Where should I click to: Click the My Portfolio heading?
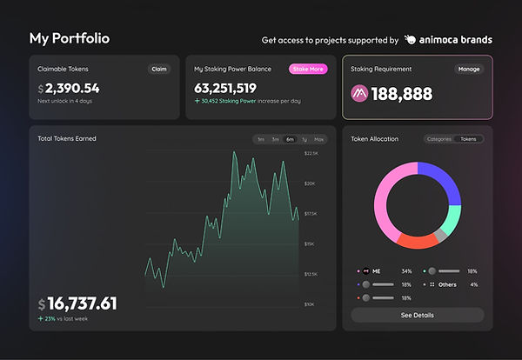click(70, 39)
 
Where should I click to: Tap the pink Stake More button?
click(308, 69)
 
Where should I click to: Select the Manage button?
click(468, 69)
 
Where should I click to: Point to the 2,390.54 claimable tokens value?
click(72, 89)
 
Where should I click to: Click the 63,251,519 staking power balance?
click(226, 88)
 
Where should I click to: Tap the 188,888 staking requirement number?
click(403, 93)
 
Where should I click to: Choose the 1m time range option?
click(261, 139)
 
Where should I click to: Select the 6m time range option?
click(290, 139)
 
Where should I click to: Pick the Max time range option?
click(318, 139)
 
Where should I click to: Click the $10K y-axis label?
click(311, 305)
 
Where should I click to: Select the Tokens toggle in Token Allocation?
click(471, 139)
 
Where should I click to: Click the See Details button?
click(417, 315)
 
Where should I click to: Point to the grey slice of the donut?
click(441, 234)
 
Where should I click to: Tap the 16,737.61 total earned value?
click(83, 303)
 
